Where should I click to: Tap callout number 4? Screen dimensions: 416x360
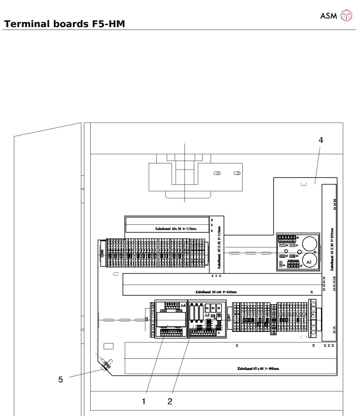coord(321,140)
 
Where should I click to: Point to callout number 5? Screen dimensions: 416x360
coord(61,380)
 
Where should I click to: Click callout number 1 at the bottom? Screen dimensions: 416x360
coord(144,401)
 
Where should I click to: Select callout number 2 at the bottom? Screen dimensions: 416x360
coord(170,401)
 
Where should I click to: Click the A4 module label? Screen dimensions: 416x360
coord(183,306)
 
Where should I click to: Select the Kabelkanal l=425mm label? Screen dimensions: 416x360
coord(216,291)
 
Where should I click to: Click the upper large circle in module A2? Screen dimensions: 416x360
coord(309,243)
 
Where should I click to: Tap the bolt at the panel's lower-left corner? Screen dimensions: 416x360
coord(105,366)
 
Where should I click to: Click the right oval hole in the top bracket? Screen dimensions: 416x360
coord(237,173)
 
